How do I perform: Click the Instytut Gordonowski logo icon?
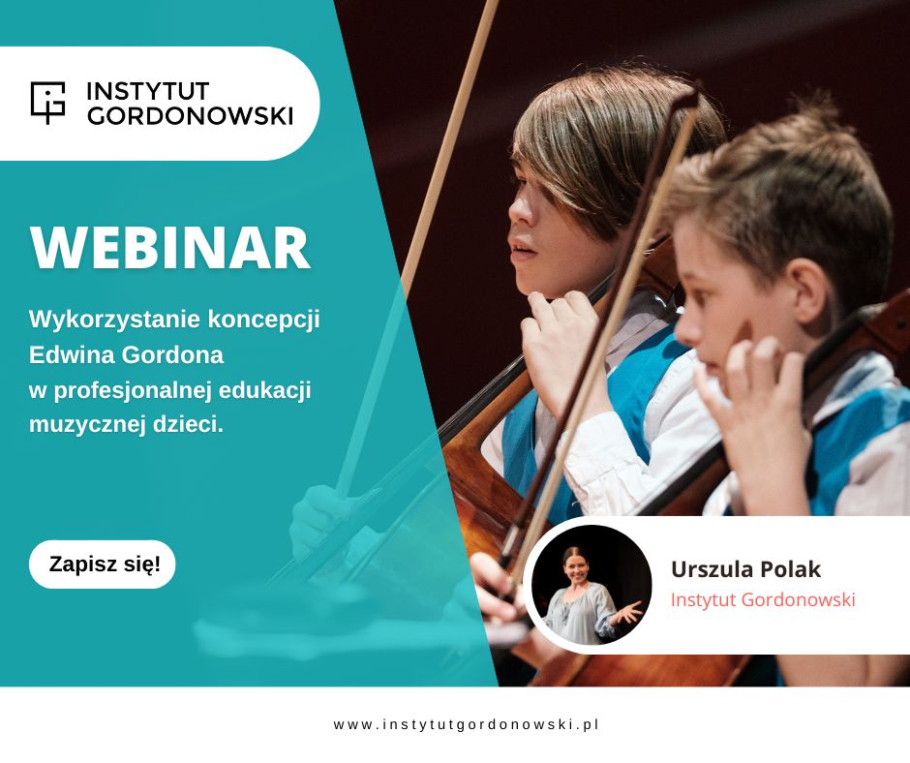47,103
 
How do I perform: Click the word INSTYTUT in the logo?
148,91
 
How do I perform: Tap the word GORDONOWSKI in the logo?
190,115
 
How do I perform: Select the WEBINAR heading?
170,248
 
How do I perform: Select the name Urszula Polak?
745,569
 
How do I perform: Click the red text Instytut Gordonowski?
763,599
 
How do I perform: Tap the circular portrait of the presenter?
591,585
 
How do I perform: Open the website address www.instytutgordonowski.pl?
466,724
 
